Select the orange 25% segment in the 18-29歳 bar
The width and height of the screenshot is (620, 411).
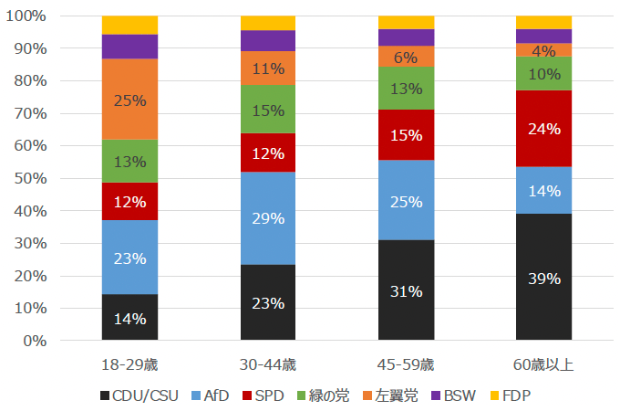point(130,100)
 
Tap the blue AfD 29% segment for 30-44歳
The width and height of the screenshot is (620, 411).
point(268,218)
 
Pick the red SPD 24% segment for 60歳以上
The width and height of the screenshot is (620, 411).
point(543,129)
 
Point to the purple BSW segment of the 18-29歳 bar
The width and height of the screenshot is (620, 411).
point(130,47)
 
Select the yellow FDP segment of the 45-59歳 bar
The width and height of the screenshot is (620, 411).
point(406,22)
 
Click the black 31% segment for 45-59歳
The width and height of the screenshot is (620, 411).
point(406,290)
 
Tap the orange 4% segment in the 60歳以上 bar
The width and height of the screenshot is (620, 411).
point(543,49)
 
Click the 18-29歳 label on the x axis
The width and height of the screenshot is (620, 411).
point(130,364)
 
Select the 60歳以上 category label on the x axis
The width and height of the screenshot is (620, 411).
point(543,364)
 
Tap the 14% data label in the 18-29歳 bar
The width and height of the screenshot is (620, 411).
point(130,320)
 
